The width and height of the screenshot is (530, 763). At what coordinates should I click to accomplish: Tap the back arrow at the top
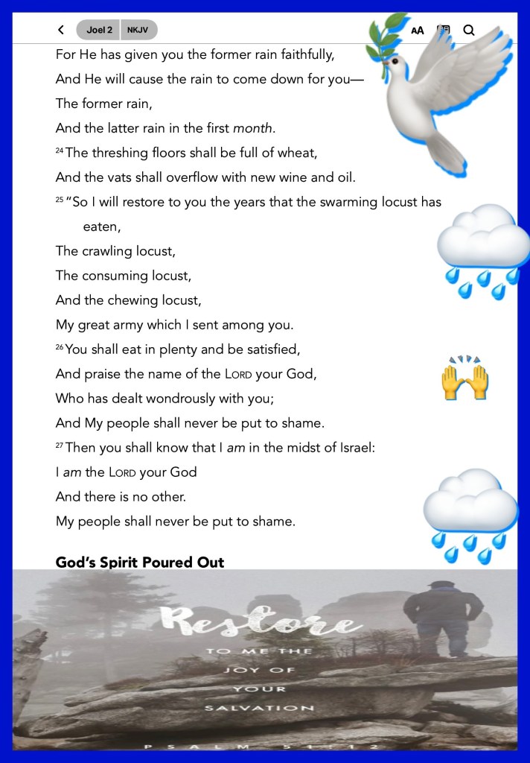(x=61, y=30)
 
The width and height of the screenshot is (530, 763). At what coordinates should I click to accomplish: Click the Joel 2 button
(x=99, y=30)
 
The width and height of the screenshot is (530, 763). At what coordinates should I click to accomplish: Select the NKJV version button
(x=138, y=30)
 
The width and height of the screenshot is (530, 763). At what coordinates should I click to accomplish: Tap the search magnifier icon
(x=469, y=30)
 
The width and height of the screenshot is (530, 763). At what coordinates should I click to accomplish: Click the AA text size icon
(x=418, y=31)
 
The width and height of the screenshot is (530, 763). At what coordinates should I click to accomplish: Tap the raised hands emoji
(x=464, y=378)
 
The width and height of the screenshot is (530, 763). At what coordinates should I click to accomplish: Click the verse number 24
(x=60, y=151)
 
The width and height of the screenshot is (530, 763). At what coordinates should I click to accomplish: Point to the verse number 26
(x=60, y=348)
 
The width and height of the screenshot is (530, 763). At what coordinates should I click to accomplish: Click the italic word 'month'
(x=252, y=127)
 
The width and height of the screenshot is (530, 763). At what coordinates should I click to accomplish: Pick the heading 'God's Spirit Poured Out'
(x=140, y=562)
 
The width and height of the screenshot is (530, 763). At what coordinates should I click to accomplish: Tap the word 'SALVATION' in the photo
(x=261, y=708)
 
